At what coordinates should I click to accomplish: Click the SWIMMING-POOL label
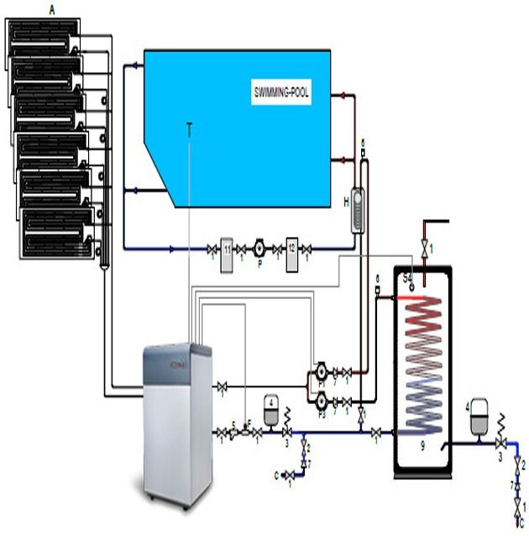[x=281, y=93]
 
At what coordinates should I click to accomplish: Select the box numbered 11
[x=227, y=249]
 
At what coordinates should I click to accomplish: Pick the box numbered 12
[x=291, y=249]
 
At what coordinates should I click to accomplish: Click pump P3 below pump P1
[x=322, y=402]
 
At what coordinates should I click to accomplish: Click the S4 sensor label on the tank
[x=408, y=276]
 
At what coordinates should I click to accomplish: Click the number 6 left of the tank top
[x=379, y=277]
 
